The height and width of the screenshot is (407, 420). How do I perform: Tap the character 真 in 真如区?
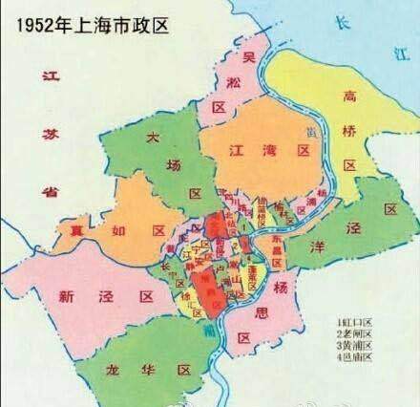68,230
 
